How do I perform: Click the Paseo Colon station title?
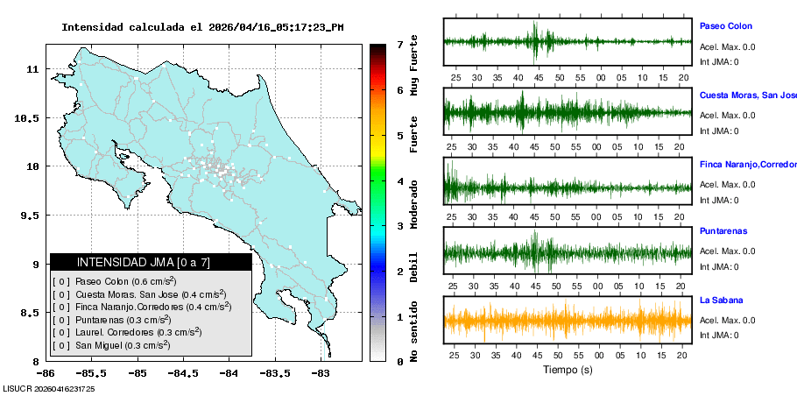[x=725, y=26]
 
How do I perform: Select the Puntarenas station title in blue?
[x=723, y=233]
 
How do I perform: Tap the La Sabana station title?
[x=723, y=300]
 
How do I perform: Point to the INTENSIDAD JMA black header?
[x=151, y=262]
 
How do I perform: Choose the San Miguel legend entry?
[x=122, y=345]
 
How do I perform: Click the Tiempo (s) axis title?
[x=568, y=370]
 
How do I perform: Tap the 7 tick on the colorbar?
[x=398, y=44]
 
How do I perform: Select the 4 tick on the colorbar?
[x=398, y=180]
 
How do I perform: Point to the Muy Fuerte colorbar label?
[x=413, y=68]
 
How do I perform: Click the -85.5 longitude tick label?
[x=136, y=373]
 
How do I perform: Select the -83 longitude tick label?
[x=320, y=373]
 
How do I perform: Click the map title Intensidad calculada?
[x=202, y=27]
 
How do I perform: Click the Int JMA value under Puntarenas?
[x=719, y=267]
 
